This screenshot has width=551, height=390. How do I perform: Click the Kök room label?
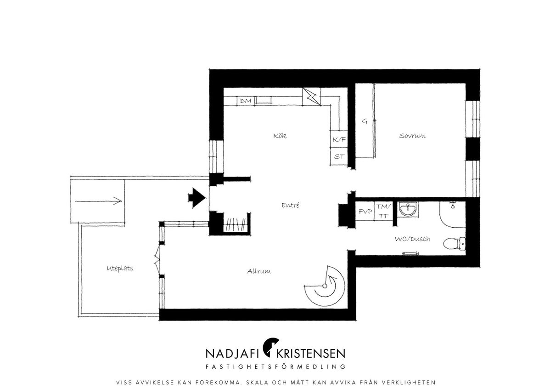pyautogui.click(x=280, y=136)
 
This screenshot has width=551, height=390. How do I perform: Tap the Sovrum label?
pyautogui.click(x=412, y=136)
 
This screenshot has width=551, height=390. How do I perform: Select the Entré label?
pyautogui.click(x=291, y=205)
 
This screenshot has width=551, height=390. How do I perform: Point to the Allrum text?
pyautogui.click(x=259, y=271)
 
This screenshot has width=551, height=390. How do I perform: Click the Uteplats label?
pyautogui.click(x=120, y=268)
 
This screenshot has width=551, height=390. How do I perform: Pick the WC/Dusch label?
pyautogui.click(x=412, y=239)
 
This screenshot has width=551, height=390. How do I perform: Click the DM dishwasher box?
pyautogui.click(x=246, y=101)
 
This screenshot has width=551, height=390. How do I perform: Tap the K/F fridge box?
pyautogui.click(x=339, y=139)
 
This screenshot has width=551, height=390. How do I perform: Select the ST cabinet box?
pyautogui.click(x=339, y=156)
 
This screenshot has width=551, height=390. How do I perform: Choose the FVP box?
pyautogui.click(x=365, y=211)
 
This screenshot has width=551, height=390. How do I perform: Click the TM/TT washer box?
pyautogui.click(x=383, y=211)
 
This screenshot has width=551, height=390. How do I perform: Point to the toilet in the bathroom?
pyautogui.click(x=454, y=244)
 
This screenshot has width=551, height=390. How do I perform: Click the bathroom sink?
pyautogui.click(x=408, y=210)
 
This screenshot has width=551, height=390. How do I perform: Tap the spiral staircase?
pyautogui.click(x=325, y=286)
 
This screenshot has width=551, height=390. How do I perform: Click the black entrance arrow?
pyautogui.click(x=197, y=198)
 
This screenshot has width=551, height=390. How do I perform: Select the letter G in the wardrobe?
pyautogui.click(x=365, y=121)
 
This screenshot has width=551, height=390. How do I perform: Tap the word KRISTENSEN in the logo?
pyautogui.click(x=311, y=354)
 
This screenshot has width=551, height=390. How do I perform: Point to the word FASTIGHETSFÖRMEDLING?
pyautogui.click(x=275, y=367)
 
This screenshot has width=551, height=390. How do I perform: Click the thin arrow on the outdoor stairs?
pyautogui.click(x=98, y=201)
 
